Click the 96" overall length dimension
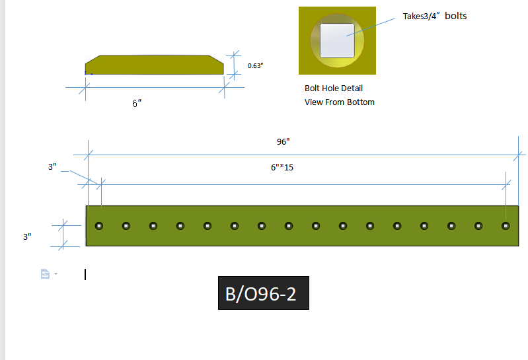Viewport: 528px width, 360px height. pyautogui.click(x=283, y=141)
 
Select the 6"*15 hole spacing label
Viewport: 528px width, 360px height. pyautogui.click(x=282, y=167)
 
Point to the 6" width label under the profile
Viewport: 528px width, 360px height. pyautogui.click(x=137, y=104)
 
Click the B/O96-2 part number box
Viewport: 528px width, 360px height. pyautogui.click(x=264, y=294)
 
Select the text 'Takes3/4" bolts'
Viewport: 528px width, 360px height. pyautogui.click(x=435, y=16)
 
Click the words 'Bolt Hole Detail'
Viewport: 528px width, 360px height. pyautogui.click(x=334, y=89)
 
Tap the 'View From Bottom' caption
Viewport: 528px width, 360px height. pyautogui.click(x=340, y=102)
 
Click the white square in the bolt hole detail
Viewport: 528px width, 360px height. pyautogui.click(x=337, y=40)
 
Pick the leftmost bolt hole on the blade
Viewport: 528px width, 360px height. pyautogui.click(x=99, y=226)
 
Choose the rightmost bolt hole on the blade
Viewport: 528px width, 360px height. pyautogui.click(x=506, y=226)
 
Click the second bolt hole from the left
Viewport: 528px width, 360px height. pyautogui.click(x=126, y=226)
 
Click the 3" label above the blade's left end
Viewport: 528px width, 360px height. pyautogui.click(x=53, y=167)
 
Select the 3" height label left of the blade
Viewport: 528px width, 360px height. pyautogui.click(x=27, y=236)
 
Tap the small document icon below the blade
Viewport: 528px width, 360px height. pyautogui.click(x=45, y=273)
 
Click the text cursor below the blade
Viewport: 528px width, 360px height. pyautogui.click(x=85, y=274)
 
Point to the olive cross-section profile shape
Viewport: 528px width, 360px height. pyautogui.click(x=154, y=65)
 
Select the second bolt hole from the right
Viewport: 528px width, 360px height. pyautogui.click(x=478, y=226)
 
